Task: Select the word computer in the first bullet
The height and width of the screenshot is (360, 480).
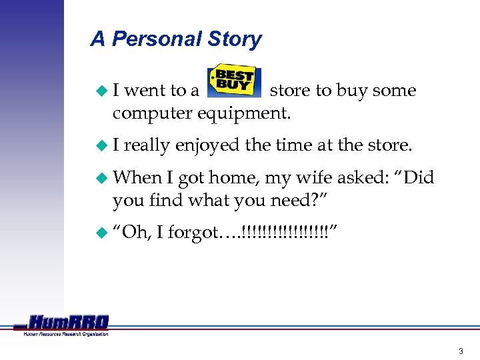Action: pos(152,114)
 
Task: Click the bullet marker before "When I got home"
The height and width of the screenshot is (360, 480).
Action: pos(102,178)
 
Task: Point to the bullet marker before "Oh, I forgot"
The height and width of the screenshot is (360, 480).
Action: pos(102,232)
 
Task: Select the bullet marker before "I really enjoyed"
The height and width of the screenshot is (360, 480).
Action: pos(102,145)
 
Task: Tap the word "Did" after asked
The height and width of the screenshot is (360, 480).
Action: pos(418,178)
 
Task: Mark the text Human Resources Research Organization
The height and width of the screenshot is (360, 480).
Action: pos(65,334)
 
